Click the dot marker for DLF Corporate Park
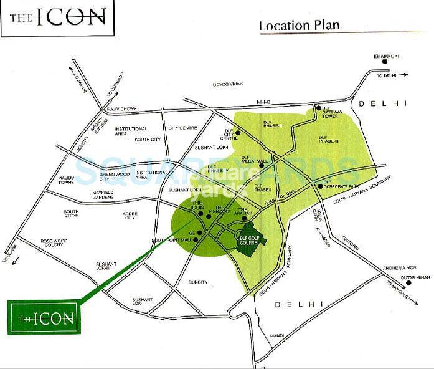tap(319, 186)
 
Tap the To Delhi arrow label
tap(388, 76)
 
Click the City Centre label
tap(182, 128)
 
